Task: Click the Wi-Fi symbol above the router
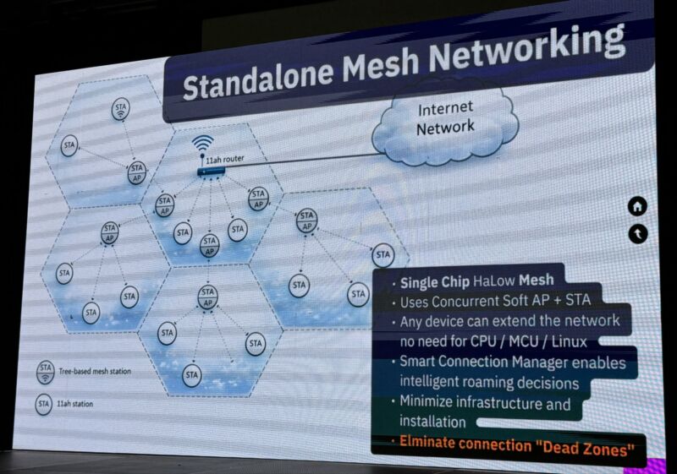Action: [201, 143]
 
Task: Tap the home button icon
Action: [637, 205]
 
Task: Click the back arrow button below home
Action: [637, 233]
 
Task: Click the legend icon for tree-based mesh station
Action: [44, 372]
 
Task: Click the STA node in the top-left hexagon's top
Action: [121, 109]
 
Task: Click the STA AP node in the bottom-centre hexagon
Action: [207, 297]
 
